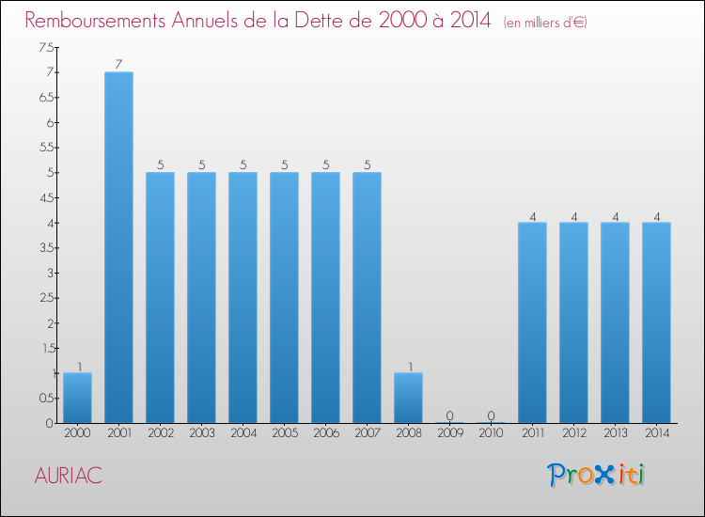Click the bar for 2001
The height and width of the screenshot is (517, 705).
(x=118, y=247)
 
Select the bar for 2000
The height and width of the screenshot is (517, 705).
(x=77, y=398)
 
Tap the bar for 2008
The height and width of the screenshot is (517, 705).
(x=408, y=398)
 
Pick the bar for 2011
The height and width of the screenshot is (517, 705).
(x=532, y=322)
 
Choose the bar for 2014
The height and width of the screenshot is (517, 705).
(x=656, y=322)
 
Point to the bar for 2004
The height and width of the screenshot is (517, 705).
(x=243, y=297)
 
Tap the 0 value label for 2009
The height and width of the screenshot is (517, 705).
(x=449, y=415)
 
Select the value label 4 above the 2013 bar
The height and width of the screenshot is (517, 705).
(x=615, y=215)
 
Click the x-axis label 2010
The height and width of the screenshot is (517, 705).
(x=491, y=433)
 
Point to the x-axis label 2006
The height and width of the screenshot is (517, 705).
(x=325, y=433)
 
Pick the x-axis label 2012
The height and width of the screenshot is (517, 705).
(x=573, y=433)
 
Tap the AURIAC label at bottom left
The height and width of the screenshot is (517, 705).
(x=68, y=476)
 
